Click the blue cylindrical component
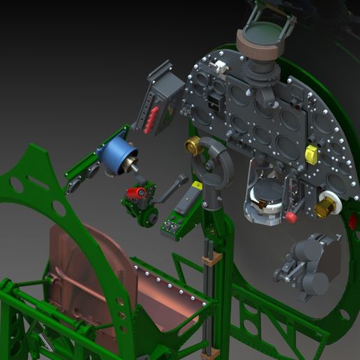pyautogui.click(x=119, y=156)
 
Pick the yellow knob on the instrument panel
pyautogui.click(x=311, y=155)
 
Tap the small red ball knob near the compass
pyautogui.click(x=291, y=217)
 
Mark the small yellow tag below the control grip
pyautogui.click(x=197, y=186)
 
